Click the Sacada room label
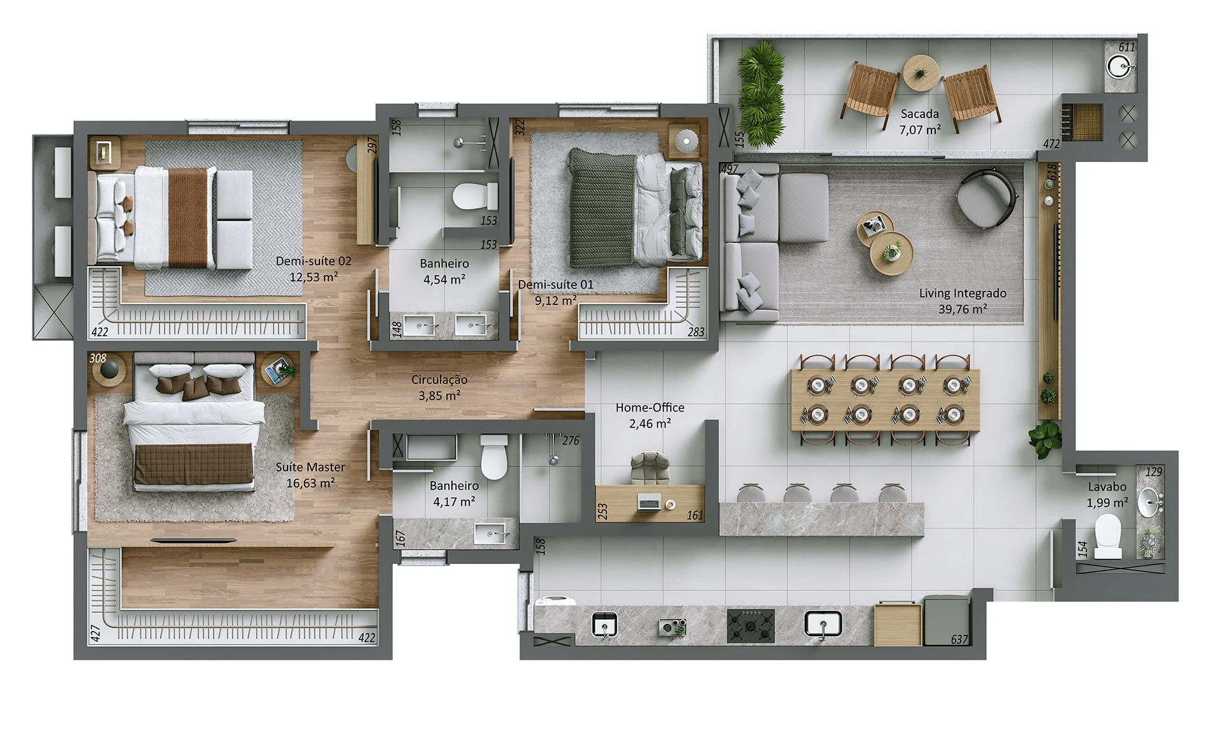(x=919, y=114)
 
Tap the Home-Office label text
(x=650, y=408)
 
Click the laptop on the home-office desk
(x=649, y=503)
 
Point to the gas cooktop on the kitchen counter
(x=750, y=625)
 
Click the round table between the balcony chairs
(x=920, y=72)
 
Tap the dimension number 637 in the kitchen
(x=959, y=639)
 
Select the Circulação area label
(x=439, y=380)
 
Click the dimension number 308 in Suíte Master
(x=98, y=359)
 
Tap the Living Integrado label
(x=963, y=293)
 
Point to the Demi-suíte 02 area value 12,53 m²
(x=314, y=277)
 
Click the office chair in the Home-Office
(x=650, y=469)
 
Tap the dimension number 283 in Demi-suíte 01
(x=696, y=332)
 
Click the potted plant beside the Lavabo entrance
(x=1044, y=438)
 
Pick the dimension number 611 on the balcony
(x=1126, y=47)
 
